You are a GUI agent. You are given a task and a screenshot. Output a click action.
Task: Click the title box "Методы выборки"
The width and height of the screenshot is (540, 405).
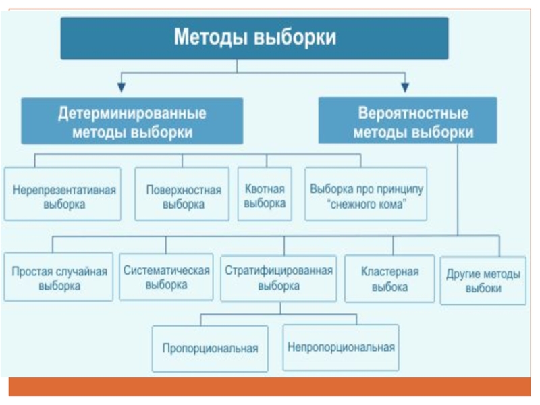[x=255, y=38]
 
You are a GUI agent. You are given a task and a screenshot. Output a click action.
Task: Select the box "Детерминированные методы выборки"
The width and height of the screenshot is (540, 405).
[x=132, y=122]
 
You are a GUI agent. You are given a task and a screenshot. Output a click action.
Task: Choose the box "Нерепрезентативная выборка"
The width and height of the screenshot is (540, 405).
[x=63, y=196]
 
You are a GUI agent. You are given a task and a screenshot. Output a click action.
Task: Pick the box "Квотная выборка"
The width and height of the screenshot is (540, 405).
[x=265, y=196]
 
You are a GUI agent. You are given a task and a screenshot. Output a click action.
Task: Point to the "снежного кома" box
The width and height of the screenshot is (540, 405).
[x=367, y=196]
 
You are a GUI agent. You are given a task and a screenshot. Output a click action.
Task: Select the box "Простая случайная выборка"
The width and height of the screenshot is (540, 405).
[x=59, y=278]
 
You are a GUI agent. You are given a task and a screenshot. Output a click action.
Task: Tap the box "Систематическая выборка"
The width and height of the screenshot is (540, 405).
[x=166, y=277]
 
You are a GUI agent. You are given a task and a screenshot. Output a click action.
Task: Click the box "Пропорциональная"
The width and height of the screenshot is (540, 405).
[x=210, y=348]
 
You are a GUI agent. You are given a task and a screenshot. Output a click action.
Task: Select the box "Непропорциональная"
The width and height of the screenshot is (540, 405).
[x=340, y=348]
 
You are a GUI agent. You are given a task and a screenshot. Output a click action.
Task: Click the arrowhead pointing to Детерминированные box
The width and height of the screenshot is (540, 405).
[x=121, y=86]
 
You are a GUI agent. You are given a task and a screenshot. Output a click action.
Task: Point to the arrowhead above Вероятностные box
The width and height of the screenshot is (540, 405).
[x=404, y=86]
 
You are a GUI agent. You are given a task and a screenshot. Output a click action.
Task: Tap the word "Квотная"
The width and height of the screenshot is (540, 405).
[x=265, y=189]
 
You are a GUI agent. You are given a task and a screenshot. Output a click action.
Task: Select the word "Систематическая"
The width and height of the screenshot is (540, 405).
[x=166, y=271]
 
